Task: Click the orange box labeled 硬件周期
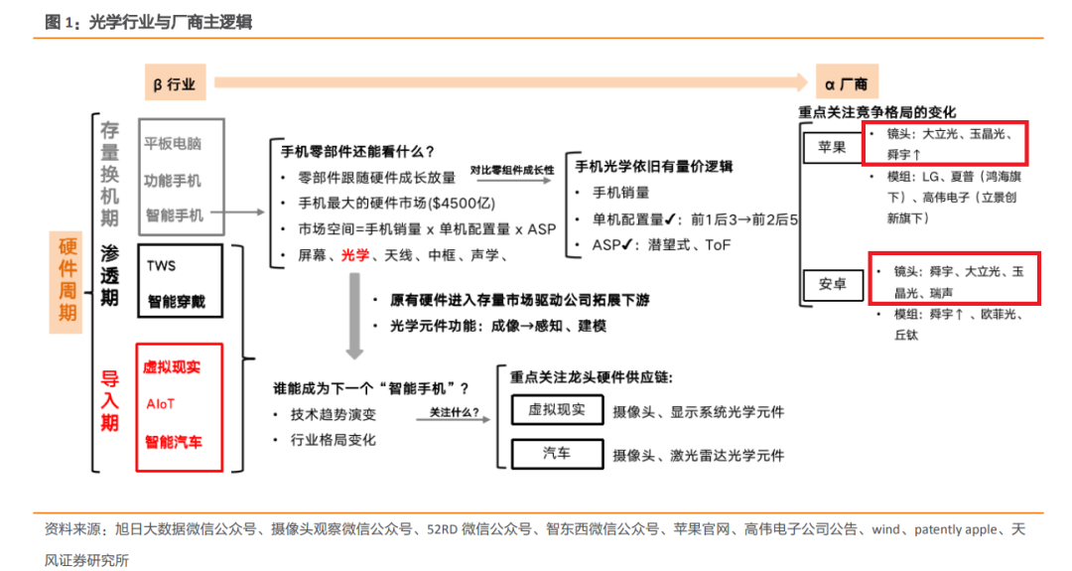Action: (67, 281)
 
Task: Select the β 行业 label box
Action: (175, 84)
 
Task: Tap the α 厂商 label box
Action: (846, 84)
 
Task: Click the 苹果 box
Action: (832, 148)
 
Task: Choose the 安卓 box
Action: (832, 284)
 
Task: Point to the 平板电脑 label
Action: (173, 143)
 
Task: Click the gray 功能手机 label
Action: (173, 180)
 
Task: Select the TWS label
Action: (161, 266)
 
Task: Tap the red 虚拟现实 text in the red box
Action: (172, 366)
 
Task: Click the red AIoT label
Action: (160, 404)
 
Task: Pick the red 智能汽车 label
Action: (173, 441)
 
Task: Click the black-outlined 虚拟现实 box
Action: (556, 409)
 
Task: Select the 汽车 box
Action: (556, 454)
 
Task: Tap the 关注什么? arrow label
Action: (454, 410)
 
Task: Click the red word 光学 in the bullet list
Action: (354, 255)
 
